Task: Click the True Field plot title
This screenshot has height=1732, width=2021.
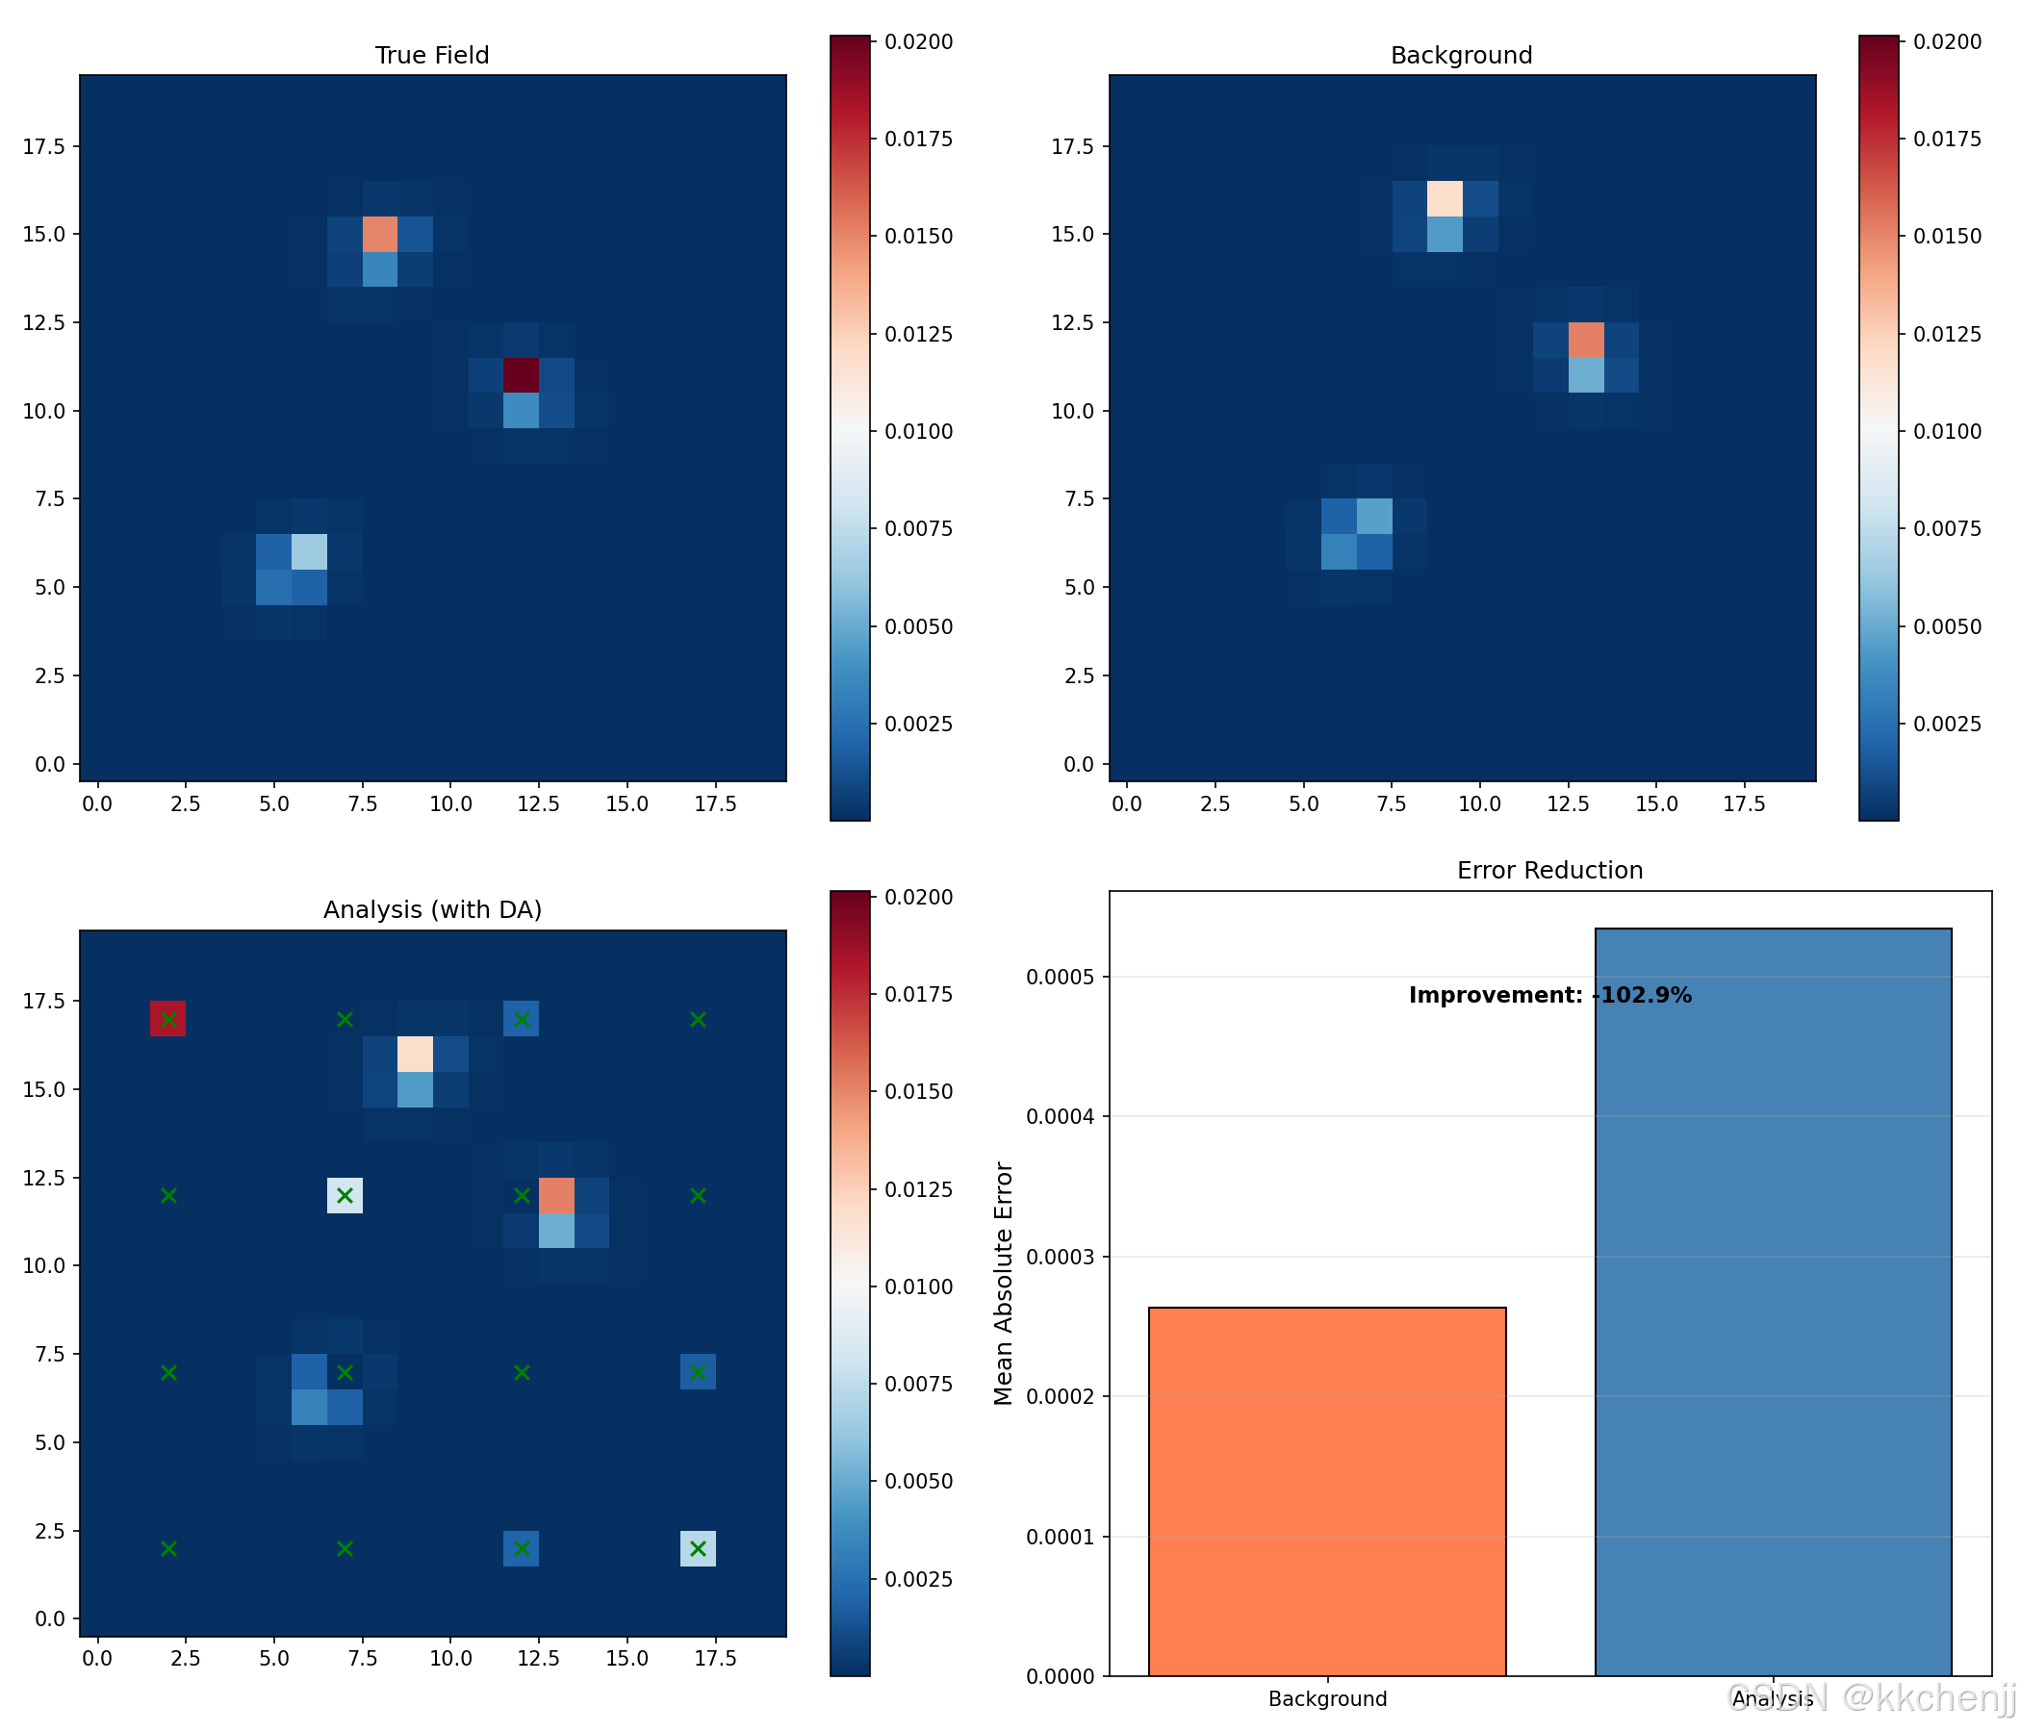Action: click(432, 56)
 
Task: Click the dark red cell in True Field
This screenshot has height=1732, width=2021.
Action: click(521, 375)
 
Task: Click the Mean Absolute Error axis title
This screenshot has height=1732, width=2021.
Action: click(1004, 1283)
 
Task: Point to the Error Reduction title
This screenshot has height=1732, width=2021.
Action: click(1548, 870)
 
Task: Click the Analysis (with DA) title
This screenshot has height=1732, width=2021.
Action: click(432, 910)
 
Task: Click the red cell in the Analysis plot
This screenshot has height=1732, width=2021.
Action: click(167, 1018)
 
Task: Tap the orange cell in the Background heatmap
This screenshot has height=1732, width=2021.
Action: click(1586, 341)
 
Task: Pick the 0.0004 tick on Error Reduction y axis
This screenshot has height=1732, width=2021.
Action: click(1065, 1115)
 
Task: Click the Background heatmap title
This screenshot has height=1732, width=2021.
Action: click(1460, 56)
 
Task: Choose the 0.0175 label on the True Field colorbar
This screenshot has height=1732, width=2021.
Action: click(919, 139)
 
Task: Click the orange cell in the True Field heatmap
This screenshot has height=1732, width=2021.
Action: click(379, 234)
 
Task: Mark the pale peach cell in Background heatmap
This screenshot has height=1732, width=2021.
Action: click(1445, 198)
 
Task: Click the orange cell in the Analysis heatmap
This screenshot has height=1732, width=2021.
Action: click(556, 1196)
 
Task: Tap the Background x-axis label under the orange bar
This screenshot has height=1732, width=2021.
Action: click(1326, 1699)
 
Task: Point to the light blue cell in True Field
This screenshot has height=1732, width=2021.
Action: click(309, 552)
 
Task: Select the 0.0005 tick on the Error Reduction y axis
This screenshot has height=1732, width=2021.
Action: click(1065, 977)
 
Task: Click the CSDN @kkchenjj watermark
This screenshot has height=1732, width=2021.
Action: click(1871, 1699)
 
